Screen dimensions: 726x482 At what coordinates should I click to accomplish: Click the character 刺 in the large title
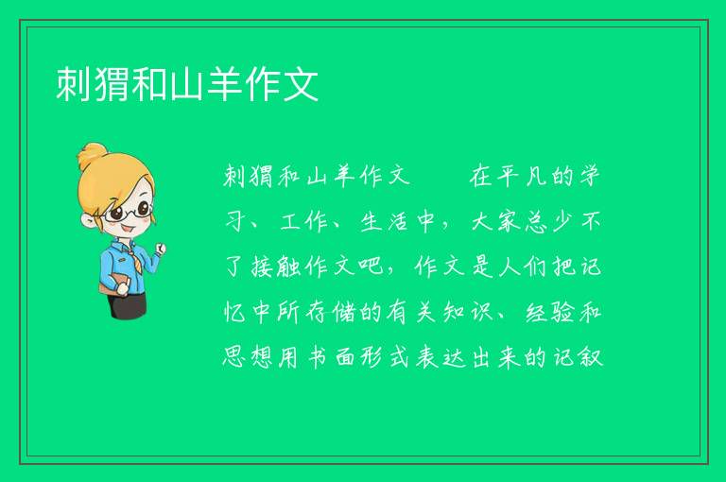point(74,84)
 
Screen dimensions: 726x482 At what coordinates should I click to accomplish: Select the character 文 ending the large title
point(301,84)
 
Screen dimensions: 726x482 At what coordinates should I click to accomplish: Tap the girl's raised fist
point(161,250)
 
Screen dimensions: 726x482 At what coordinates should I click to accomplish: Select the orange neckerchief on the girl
point(131,252)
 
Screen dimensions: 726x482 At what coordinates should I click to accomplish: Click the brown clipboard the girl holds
point(112,284)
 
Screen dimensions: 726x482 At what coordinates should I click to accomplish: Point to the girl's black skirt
point(128,304)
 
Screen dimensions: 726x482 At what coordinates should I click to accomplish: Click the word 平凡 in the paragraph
point(521,177)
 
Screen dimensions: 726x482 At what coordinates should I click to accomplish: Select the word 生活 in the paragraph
point(384,222)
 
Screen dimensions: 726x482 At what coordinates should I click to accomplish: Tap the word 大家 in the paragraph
point(495,222)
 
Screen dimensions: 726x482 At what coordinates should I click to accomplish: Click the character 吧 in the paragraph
point(371,267)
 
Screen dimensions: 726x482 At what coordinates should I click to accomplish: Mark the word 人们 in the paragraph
point(523,267)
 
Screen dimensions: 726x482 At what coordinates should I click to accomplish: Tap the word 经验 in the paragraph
point(549,312)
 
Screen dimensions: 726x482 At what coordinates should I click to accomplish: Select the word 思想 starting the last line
point(248,357)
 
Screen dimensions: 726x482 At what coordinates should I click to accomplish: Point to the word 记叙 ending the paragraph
point(578,357)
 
